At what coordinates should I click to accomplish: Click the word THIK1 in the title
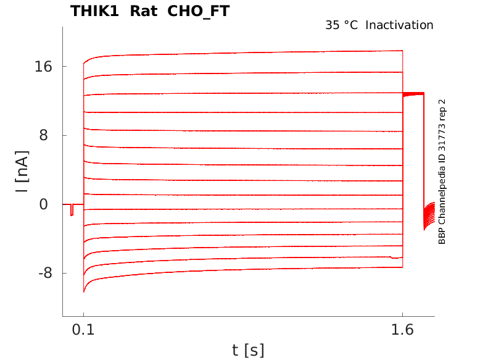[95, 11]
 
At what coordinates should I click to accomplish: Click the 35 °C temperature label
[342, 25]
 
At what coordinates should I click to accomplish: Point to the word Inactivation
[400, 25]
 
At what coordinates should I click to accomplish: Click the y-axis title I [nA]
[22, 174]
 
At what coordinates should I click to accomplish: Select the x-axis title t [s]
[248, 350]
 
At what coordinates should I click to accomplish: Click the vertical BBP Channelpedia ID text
[442, 172]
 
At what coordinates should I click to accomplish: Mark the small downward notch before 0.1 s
[72, 211]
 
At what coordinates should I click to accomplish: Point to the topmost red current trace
[247, 53]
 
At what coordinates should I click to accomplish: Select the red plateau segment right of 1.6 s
[413, 94]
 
